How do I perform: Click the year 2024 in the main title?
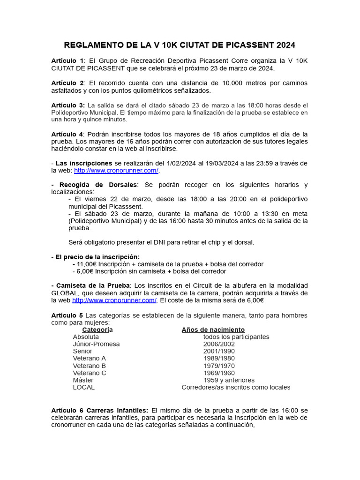[285, 45]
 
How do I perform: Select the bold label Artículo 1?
[67, 60]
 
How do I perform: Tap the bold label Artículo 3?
[67, 105]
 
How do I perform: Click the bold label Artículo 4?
[67, 134]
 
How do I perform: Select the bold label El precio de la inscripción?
[97, 257]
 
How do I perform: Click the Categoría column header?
[97, 330]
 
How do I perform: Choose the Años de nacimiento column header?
[213, 330]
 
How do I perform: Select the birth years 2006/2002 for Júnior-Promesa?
[219, 344]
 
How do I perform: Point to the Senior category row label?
[82, 351]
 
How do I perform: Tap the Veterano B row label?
[89, 366]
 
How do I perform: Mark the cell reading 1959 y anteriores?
[229, 380]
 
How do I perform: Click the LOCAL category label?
[83, 387]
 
